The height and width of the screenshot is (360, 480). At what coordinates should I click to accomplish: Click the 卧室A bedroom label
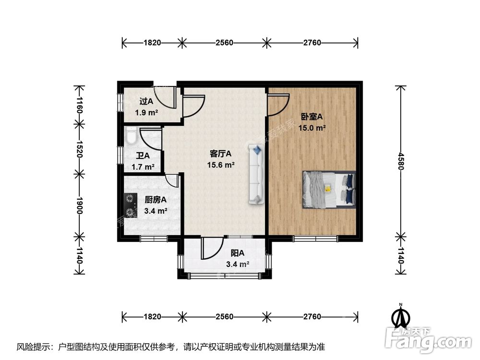coord(312,116)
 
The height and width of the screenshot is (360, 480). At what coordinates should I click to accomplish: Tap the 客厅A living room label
coord(221,154)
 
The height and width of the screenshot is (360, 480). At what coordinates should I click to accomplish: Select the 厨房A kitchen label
coord(156,200)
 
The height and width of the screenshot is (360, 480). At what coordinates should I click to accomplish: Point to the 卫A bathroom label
coord(143,156)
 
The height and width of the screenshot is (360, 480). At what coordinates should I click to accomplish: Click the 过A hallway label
coord(146,101)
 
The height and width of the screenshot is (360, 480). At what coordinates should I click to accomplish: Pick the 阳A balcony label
coord(237,253)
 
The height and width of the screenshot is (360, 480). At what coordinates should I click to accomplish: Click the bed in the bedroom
coord(329,190)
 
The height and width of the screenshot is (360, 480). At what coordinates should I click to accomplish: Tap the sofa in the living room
coord(256,175)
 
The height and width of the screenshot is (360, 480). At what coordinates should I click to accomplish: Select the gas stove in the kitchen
coord(130,205)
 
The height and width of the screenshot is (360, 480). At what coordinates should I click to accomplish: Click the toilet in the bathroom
coord(131,137)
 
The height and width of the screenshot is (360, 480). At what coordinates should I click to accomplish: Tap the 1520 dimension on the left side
coord(80,149)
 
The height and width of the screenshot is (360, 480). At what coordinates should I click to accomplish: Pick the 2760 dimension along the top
coord(312,43)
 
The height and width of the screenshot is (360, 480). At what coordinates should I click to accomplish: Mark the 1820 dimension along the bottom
coord(152,317)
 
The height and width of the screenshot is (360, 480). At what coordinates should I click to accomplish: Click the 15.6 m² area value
coord(221,165)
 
